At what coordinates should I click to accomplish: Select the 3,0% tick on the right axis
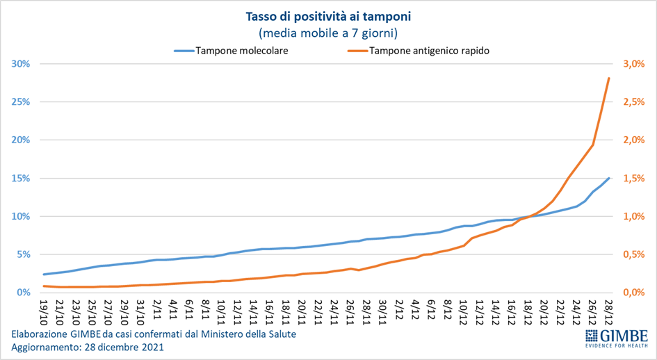click(635, 64)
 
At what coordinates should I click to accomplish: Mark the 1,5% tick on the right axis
click(635, 178)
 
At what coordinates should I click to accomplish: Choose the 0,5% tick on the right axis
click(635, 254)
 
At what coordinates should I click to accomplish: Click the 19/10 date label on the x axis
click(44, 309)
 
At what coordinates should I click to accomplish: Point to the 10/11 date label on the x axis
click(220, 309)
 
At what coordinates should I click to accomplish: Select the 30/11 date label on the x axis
click(383, 309)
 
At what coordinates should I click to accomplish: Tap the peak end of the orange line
click(609, 79)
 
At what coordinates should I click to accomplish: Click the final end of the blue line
click(609, 178)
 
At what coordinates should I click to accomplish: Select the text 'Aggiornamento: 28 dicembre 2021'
click(88, 347)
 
